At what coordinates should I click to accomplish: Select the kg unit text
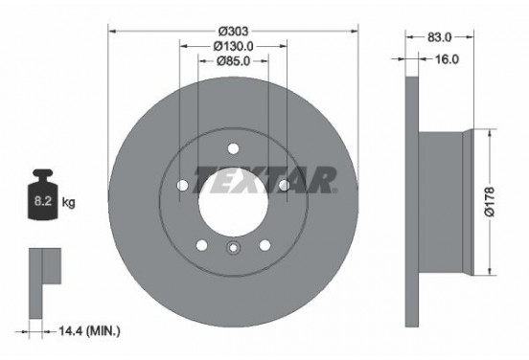[x=68, y=203]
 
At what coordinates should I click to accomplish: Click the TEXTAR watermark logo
[x=265, y=179]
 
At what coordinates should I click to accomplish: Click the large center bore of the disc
[x=233, y=199]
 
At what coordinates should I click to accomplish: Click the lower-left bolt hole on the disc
[x=201, y=245]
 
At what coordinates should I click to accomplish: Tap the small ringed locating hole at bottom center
[x=233, y=252]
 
